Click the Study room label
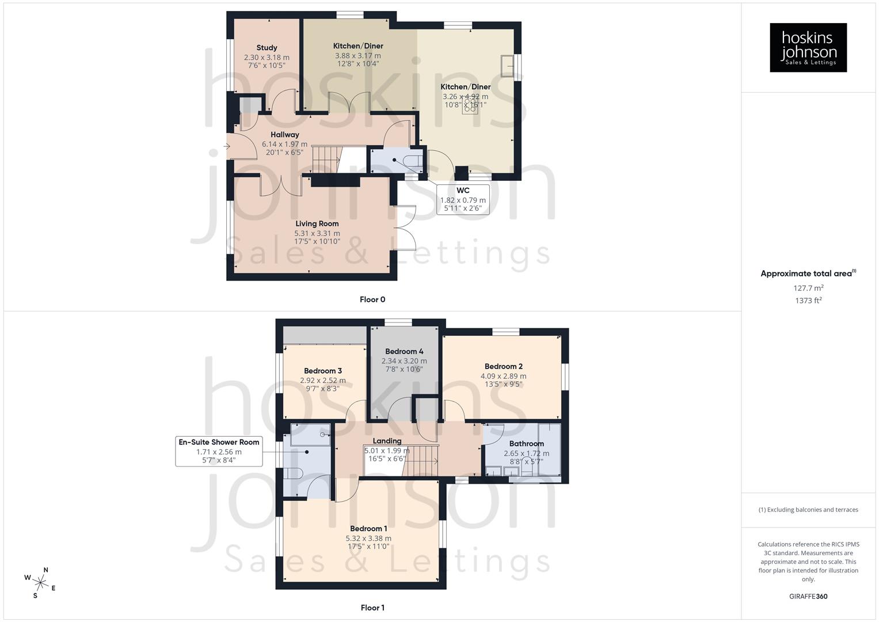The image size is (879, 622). coord(267,48)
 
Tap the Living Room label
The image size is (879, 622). coord(317,223)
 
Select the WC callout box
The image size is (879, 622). coord(463,199)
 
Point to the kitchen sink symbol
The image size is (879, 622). coord(507,66)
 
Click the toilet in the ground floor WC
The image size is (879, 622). coord(413,160)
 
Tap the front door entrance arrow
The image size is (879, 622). coord(226,147)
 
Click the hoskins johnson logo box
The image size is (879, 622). coord(808,48)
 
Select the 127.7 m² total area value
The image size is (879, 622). coord(808,288)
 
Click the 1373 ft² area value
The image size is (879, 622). coord(808,301)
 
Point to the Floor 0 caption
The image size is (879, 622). coord(372,299)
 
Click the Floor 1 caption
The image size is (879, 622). coord(372,608)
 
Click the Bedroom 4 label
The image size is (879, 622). coord(404,351)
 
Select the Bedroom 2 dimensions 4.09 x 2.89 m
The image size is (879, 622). coord(503,376)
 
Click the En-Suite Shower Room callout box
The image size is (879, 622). coord(219,451)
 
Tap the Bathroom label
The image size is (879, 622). coord(526,443)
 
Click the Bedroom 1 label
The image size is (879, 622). coord(368,528)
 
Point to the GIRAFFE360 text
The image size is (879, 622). coord(808,597)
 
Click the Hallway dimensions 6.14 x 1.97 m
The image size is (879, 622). coord(284,145)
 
